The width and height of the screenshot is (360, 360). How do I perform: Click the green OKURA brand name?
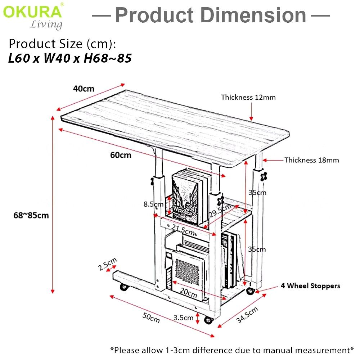pyautogui.click(x=32, y=12)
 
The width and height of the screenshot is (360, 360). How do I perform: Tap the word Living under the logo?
pyautogui.click(x=46, y=24)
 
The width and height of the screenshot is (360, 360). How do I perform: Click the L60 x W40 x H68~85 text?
pyautogui.click(x=69, y=58)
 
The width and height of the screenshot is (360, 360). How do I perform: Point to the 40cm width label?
pyautogui.click(x=84, y=89)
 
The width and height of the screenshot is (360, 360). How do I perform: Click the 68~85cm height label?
pyautogui.click(x=31, y=215)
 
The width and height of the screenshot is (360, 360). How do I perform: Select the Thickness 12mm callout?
pyautogui.click(x=248, y=97)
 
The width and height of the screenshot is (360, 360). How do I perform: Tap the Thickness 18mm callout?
pyautogui.click(x=311, y=160)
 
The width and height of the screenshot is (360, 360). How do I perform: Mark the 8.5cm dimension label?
pyautogui.click(x=153, y=204)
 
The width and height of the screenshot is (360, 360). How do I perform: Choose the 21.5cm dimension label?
pyautogui.click(x=183, y=228)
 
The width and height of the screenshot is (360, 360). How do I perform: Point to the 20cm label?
pyautogui.click(x=188, y=294)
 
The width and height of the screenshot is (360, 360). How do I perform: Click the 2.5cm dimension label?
pyautogui.click(x=107, y=265)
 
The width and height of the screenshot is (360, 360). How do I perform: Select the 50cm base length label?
pyautogui.click(x=151, y=318)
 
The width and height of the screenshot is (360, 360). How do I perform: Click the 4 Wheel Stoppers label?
pyautogui.click(x=310, y=286)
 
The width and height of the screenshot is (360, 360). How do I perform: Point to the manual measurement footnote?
pyautogui.click(x=232, y=350)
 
